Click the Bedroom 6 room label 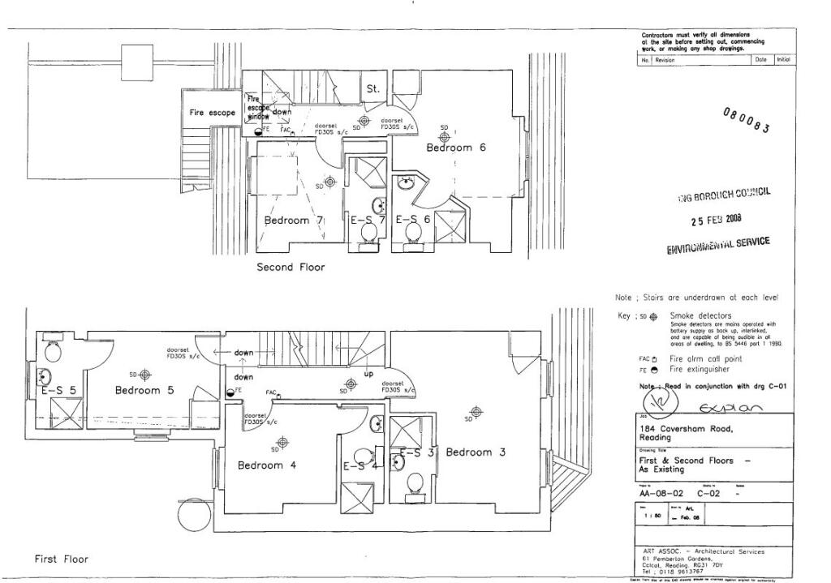click(x=456, y=148)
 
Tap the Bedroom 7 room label click(x=294, y=220)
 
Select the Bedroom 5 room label click(x=144, y=390)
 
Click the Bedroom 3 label click(x=475, y=452)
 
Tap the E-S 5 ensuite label click(x=58, y=390)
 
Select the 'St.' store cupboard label click(x=373, y=88)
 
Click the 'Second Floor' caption click(x=291, y=267)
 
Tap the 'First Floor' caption click(x=61, y=559)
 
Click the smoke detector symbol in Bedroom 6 click(x=444, y=138)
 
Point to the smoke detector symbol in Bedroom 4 click(x=282, y=442)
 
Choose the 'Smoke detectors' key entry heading click(x=700, y=315)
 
